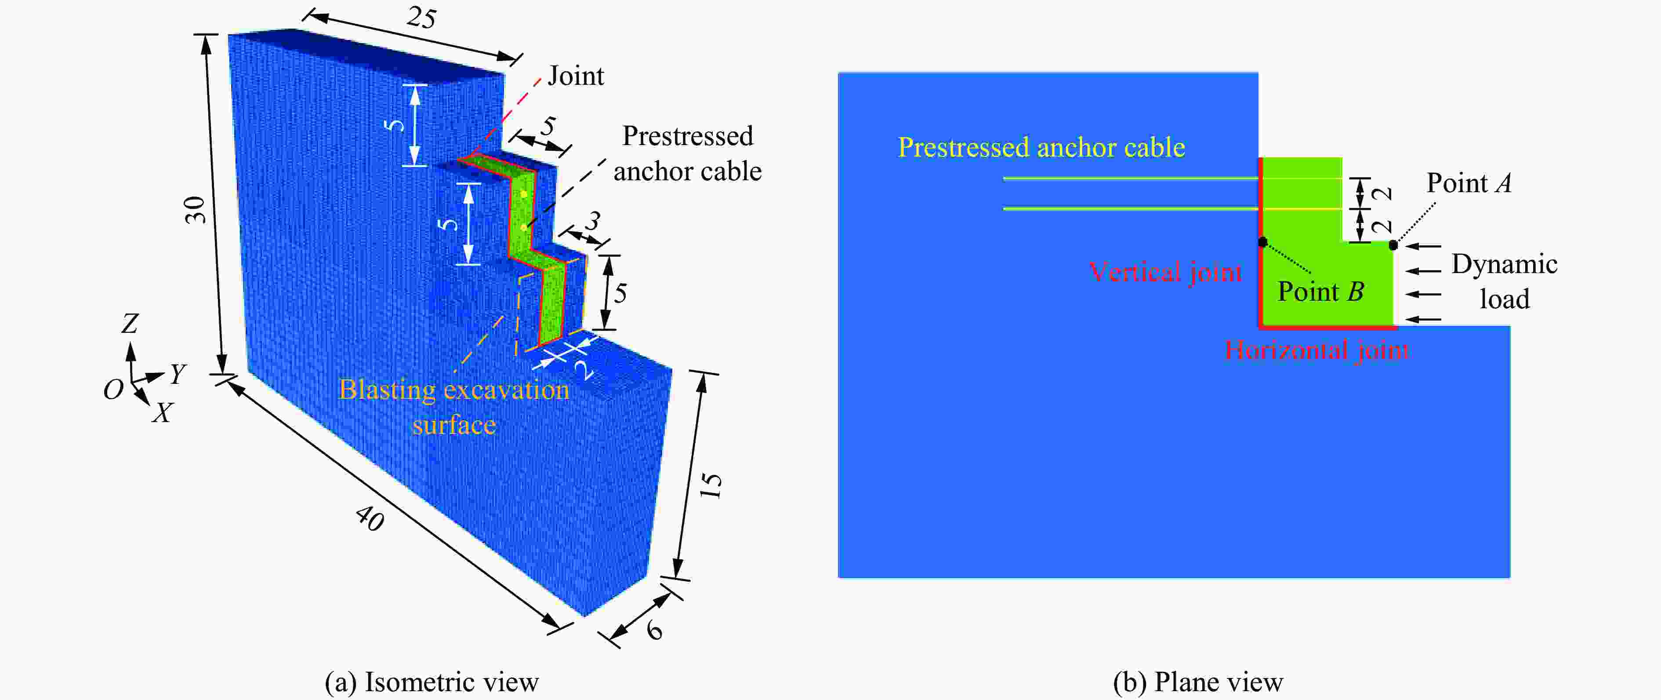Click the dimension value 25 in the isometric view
point(422,18)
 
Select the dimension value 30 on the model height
point(196,210)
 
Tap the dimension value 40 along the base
point(370,518)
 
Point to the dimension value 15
point(711,485)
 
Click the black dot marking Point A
point(1393,245)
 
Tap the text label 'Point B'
point(1320,292)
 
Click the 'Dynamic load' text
point(1504,281)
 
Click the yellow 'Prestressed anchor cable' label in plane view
point(1041,148)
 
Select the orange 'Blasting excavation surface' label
point(454,407)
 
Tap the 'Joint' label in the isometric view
point(576,76)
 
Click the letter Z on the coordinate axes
point(130,323)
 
